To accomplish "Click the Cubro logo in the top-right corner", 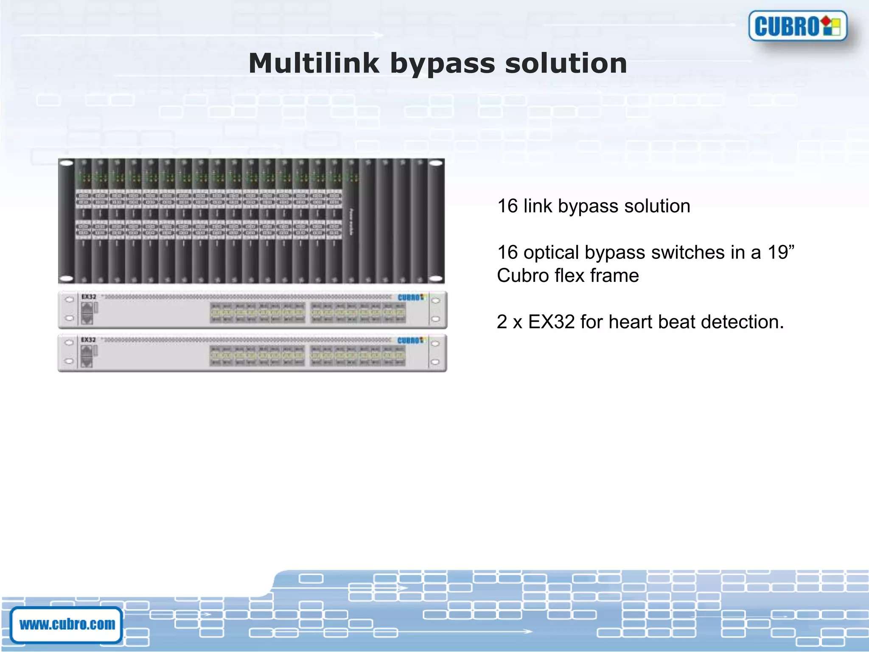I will tap(797, 26).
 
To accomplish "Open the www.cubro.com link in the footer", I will tap(67, 624).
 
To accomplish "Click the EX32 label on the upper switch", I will tap(89, 297).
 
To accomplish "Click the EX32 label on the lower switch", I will tap(89, 340).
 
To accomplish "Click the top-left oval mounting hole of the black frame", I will tap(67, 164).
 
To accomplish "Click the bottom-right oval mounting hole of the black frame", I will tap(436, 278).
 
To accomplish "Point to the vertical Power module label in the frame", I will tap(351, 221).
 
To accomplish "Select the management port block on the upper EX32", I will tap(87, 313).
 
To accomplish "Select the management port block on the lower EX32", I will tap(87, 356).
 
